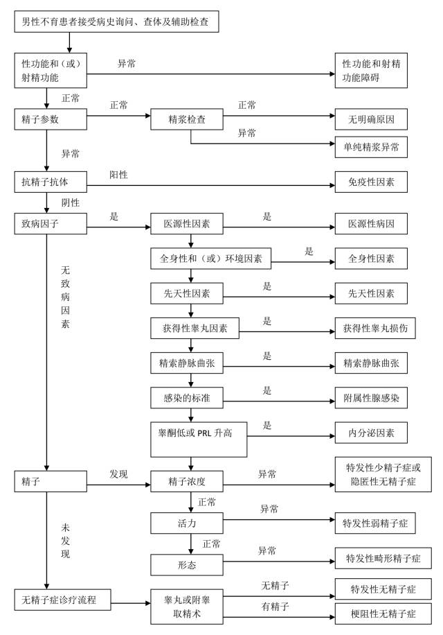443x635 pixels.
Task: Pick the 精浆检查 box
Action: (x=187, y=119)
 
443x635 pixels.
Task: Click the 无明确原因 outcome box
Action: (x=371, y=119)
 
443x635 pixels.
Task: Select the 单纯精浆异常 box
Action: (x=371, y=146)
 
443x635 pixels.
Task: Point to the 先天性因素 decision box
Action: (x=186, y=294)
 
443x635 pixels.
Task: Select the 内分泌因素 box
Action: (x=371, y=433)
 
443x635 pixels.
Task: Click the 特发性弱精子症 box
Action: (x=375, y=522)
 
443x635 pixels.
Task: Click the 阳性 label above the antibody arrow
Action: (x=118, y=175)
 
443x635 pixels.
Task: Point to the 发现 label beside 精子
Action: (x=118, y=474)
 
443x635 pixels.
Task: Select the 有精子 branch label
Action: (x=275, y=607)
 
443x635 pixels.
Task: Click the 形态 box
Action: (x=186, y=564)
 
